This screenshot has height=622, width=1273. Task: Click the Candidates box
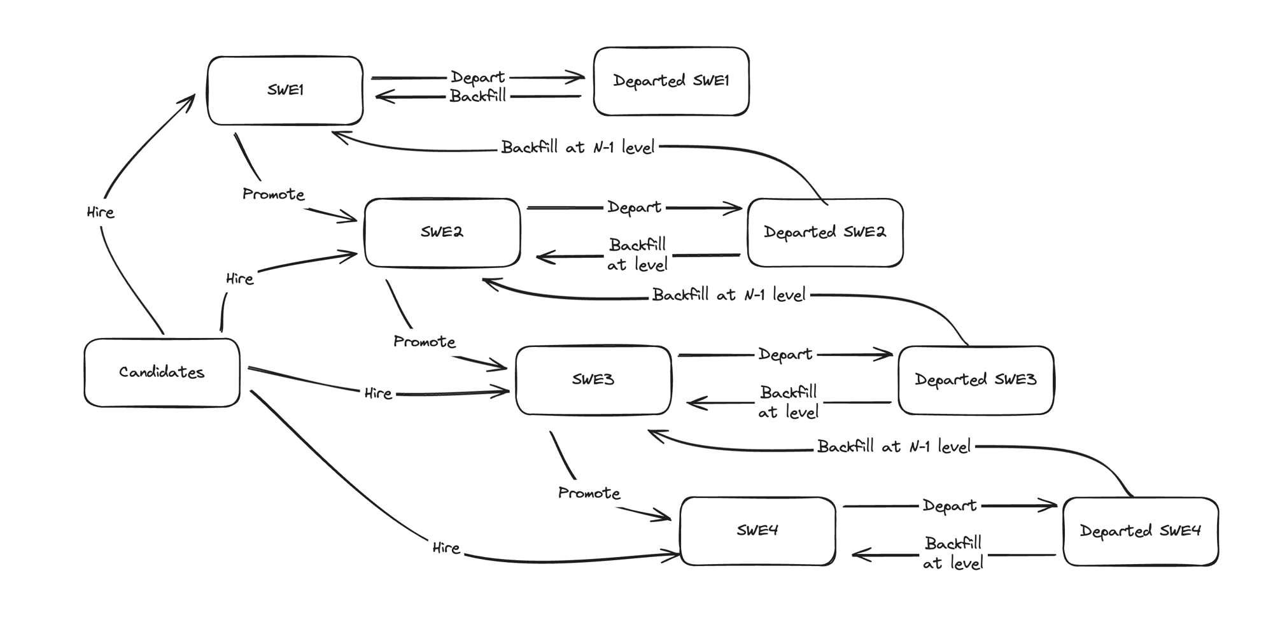point(162,372)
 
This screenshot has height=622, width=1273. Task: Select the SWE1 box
point(285,90)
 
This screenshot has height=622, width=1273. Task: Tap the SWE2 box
point(442,232)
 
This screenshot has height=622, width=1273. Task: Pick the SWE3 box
point(593,380)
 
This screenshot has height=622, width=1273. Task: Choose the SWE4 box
point(757,531)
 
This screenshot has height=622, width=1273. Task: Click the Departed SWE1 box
point(671,81)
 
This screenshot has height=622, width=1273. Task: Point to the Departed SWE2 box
point(825,232)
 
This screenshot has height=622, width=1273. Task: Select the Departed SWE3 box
point(975,380)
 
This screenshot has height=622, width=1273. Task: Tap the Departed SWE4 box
point(1140,531)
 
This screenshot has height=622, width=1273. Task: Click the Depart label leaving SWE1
point(477,77)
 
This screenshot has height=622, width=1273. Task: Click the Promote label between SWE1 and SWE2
point(274,194)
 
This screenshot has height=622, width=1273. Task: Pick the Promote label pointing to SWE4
point(589,493)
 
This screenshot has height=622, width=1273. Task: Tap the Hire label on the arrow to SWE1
point(101,213)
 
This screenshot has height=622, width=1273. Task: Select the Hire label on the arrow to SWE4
point(446,548)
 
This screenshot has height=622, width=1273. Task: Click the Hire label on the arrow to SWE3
point(378,393)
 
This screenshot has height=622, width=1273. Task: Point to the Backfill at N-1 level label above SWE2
point(577,148)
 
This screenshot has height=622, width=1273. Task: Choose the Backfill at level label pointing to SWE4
point(953,553)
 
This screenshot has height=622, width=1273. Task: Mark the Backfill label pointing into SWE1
point(477,97)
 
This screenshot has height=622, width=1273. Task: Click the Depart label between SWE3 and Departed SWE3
point(785,355)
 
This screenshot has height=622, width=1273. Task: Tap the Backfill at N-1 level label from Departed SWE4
point(894,447)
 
